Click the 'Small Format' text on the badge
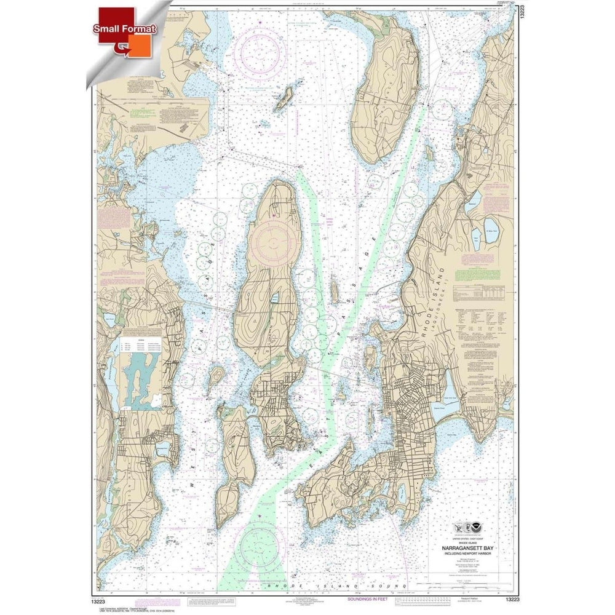click(x=125, y=29)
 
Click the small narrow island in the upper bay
click(x=284, y=98)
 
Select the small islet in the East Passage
click(x=334, y=289)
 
